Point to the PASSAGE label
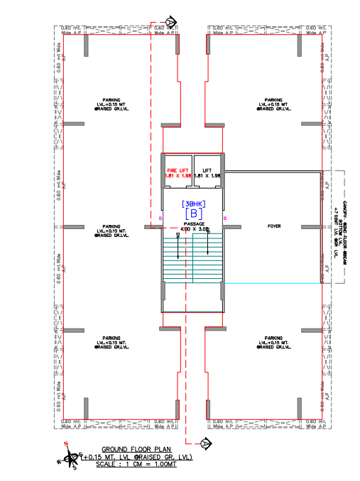[194, 225]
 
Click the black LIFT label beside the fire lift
[207, 171]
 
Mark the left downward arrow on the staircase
[178, 240]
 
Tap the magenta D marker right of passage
[225, 218]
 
